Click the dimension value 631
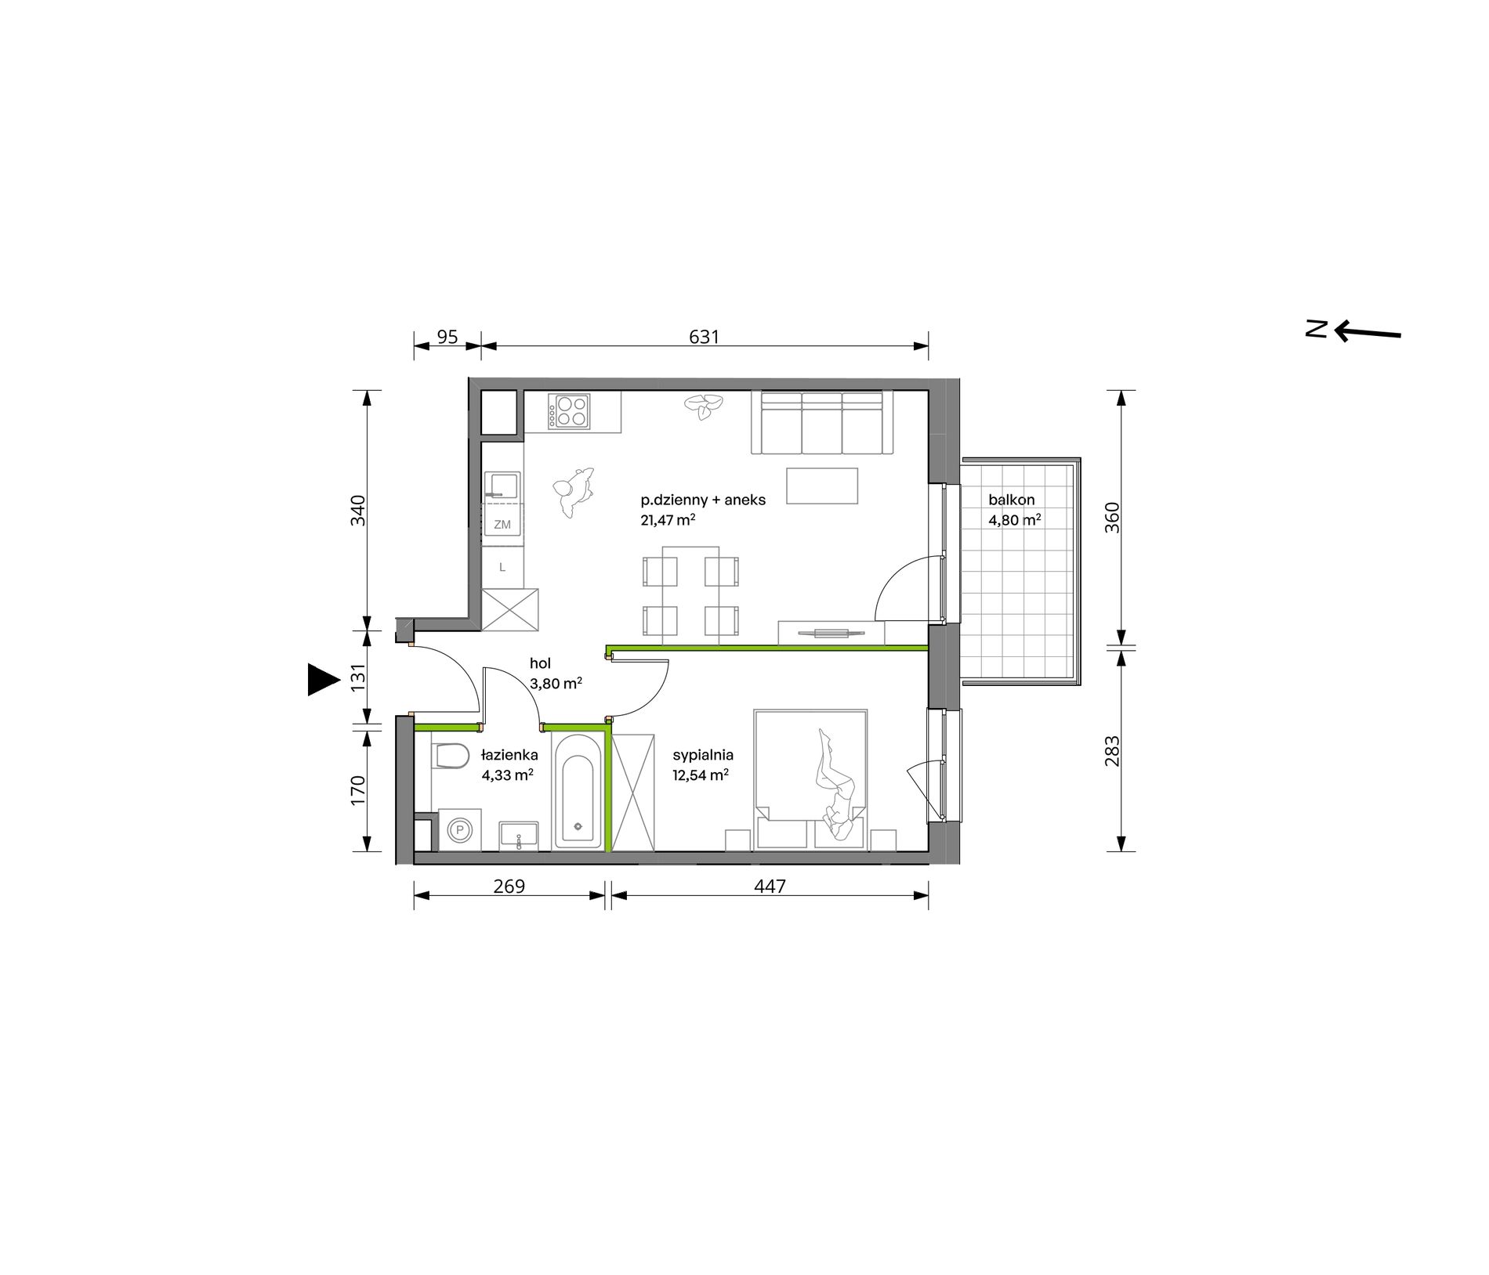tap(704, 337)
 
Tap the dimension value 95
tap(447, 337)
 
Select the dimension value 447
tap(770, 886)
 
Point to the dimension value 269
tap(509, 886)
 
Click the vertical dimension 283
tap(1112, 751)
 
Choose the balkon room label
tap(1012, 500)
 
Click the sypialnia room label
tap(703, 755)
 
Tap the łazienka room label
tap(509, 755)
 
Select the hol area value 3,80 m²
tap(556, 684)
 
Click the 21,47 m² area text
tap(668, 520)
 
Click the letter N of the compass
tap(1317, 328)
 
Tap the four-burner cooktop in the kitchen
tap(569, 411)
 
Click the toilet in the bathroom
tap(450, 756)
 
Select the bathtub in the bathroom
tap(578, 790)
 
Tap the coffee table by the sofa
tap(822, 486)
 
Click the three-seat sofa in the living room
tap(822, 423)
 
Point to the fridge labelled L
tap(502, 567)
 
